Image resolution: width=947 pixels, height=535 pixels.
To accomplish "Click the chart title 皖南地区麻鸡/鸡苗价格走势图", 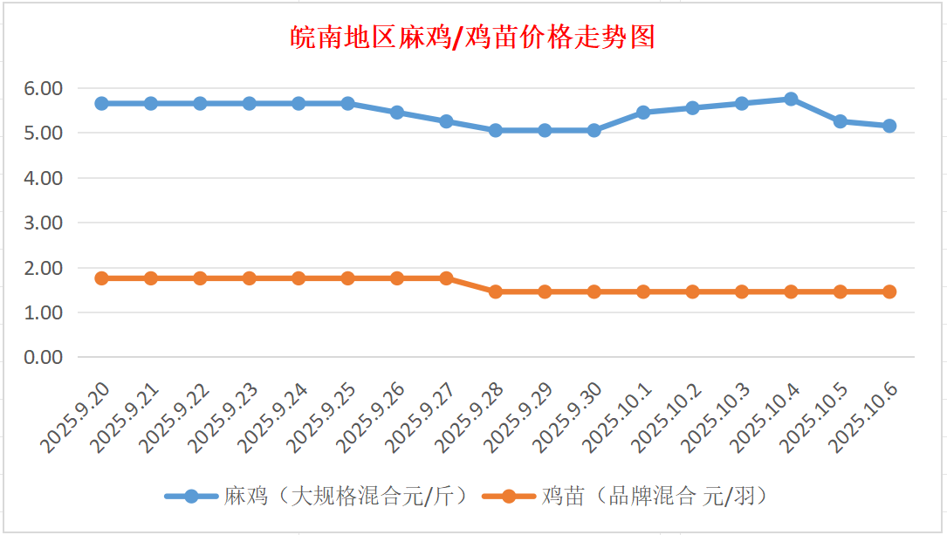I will (x=472, y=38).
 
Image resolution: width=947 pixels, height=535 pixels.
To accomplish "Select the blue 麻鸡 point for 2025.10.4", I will (x=791, y=99).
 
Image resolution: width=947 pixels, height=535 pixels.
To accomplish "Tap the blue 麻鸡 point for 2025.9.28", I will (x=496, y=130).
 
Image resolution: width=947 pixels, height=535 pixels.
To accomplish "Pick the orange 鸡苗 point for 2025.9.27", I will (x=446, y=278).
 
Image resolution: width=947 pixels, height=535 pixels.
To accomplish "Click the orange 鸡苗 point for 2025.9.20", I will (x=101, y=278).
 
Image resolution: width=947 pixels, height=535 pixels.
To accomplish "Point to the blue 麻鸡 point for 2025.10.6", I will (x=889, y=126).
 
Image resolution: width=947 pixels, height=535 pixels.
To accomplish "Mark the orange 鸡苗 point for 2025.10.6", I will (x=889, y=292).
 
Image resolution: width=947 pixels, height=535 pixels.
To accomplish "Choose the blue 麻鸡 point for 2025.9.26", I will (x=397, y=113).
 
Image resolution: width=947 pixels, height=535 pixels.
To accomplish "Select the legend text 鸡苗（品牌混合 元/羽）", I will (x=655, y=497).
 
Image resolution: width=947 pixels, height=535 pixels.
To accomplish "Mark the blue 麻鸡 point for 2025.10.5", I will (x=840, y=121).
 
